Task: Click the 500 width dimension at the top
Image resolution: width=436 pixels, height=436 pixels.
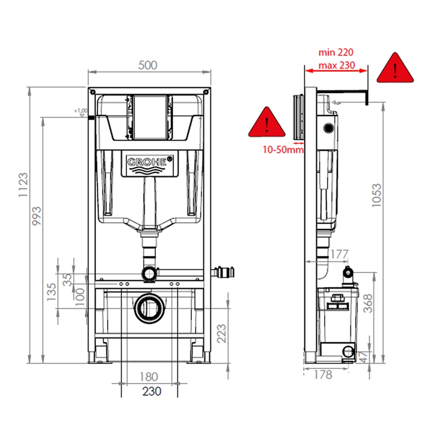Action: [148, 65]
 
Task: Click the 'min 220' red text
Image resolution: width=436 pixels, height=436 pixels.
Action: [336, 52]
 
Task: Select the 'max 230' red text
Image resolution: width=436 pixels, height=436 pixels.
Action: [336, 65]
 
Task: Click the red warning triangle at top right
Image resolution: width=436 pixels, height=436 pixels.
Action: [395, 69]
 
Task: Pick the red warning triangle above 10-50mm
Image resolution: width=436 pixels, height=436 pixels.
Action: [267, 123]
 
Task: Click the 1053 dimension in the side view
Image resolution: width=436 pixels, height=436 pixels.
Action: [378, 195]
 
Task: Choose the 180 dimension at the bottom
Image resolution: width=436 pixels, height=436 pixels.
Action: [149, 377]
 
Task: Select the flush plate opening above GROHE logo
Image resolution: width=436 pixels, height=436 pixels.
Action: [149, 117]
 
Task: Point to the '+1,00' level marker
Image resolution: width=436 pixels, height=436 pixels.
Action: [81, 111]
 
